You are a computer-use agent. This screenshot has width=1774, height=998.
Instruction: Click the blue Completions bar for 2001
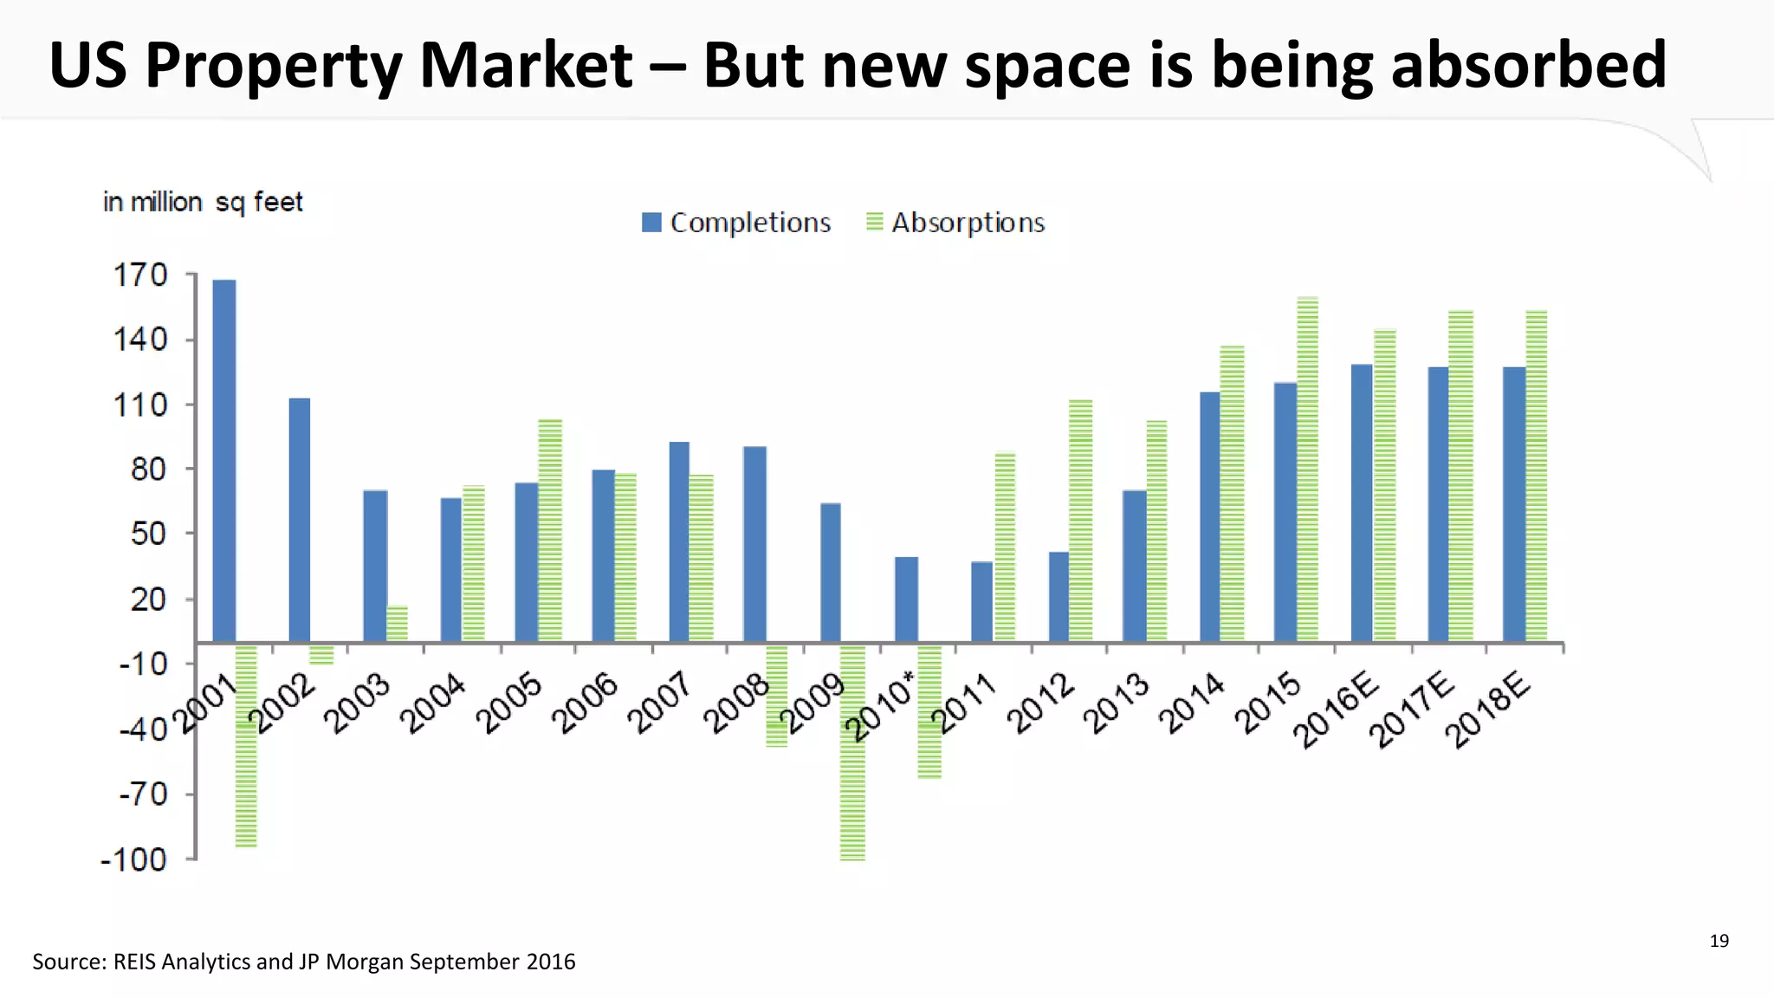pyautogui.click(x=223, y=459)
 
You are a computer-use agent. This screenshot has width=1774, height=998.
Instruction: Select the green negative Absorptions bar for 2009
pyautogui.click(x=852, y=752)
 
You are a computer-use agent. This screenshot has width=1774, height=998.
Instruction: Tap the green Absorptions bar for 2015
pyautogui.click(x=1308, y=468)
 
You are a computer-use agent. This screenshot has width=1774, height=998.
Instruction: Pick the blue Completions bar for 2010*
pyautogui.click(x=906, y=599)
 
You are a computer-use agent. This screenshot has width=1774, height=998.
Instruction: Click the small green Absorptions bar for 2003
pyautogui.click(x=397, y=623)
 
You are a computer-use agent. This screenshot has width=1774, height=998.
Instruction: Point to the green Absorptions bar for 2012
pyautogui.click(x=1080, y=520)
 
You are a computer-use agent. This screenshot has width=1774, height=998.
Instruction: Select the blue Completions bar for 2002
pyautogui.click(x=299, y=520)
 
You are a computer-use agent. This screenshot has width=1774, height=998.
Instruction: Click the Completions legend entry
pyautogui.click(x=736, y=223)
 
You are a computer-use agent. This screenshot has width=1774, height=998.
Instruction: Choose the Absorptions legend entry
pyautogui.click(x=956, y=223)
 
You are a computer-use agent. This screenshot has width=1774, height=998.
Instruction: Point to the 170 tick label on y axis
pyautogui.click(x=140, y=275)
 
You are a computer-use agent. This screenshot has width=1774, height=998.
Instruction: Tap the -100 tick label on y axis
pyautogui.click(x=134, y=859)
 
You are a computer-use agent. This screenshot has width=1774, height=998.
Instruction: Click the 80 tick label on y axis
pyautogui.click(x=147, y=470)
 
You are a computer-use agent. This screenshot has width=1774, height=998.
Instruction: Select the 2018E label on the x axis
pyautogui.click(x=1488, y=709)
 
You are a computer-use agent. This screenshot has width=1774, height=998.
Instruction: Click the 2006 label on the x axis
pyautogui.click(x=586, y=703)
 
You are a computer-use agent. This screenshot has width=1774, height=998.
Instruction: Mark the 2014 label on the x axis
pyautogui.click(x=1193, y=703)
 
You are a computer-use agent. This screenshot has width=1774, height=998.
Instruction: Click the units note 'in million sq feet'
pyautogui.click(x=203, y=202)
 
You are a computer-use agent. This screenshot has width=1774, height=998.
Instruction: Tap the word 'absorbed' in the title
pyautogui.click(x=1528, y=65)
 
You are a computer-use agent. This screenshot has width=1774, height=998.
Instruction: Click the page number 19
pyautogui.click(x=1719, y=941)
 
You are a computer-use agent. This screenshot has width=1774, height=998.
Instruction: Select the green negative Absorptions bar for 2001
pyautogui.click(x=246, y=745)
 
